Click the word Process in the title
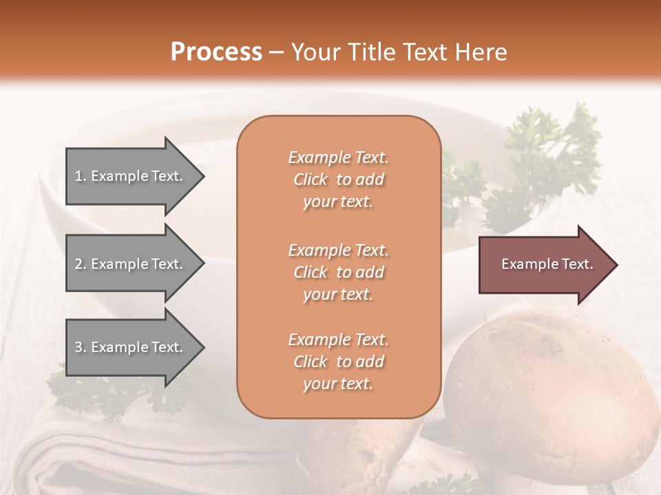click(216, 52)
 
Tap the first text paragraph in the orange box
click(338, 179)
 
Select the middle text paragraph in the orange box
click(338, 272)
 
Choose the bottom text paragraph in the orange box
click(338, 362)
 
